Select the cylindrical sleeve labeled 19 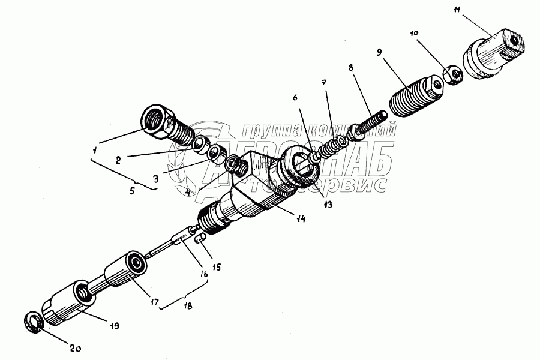coord(67,302)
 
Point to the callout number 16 coord(205,274)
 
